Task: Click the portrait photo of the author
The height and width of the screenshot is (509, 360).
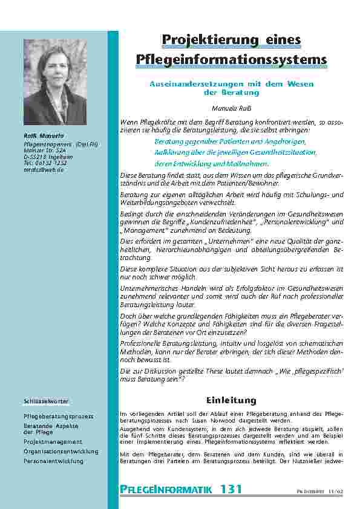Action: click(54, 82)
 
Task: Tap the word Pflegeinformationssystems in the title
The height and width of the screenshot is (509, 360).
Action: click(232, 59)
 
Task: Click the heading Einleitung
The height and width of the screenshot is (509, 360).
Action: click(232, 400)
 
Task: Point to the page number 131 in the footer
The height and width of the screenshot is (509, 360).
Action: click(231, 488)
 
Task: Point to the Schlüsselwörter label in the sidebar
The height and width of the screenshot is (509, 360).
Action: click(46, 401)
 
